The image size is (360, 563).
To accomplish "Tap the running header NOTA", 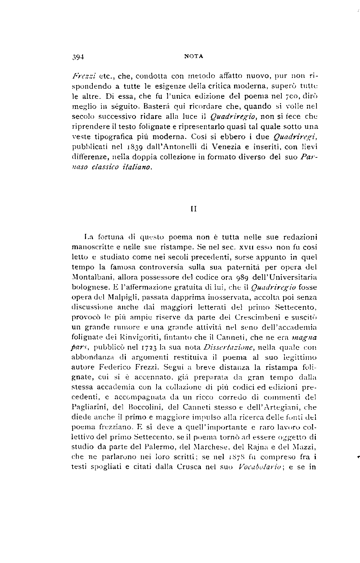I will click(194, 57).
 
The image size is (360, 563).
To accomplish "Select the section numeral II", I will click(194, 209).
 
